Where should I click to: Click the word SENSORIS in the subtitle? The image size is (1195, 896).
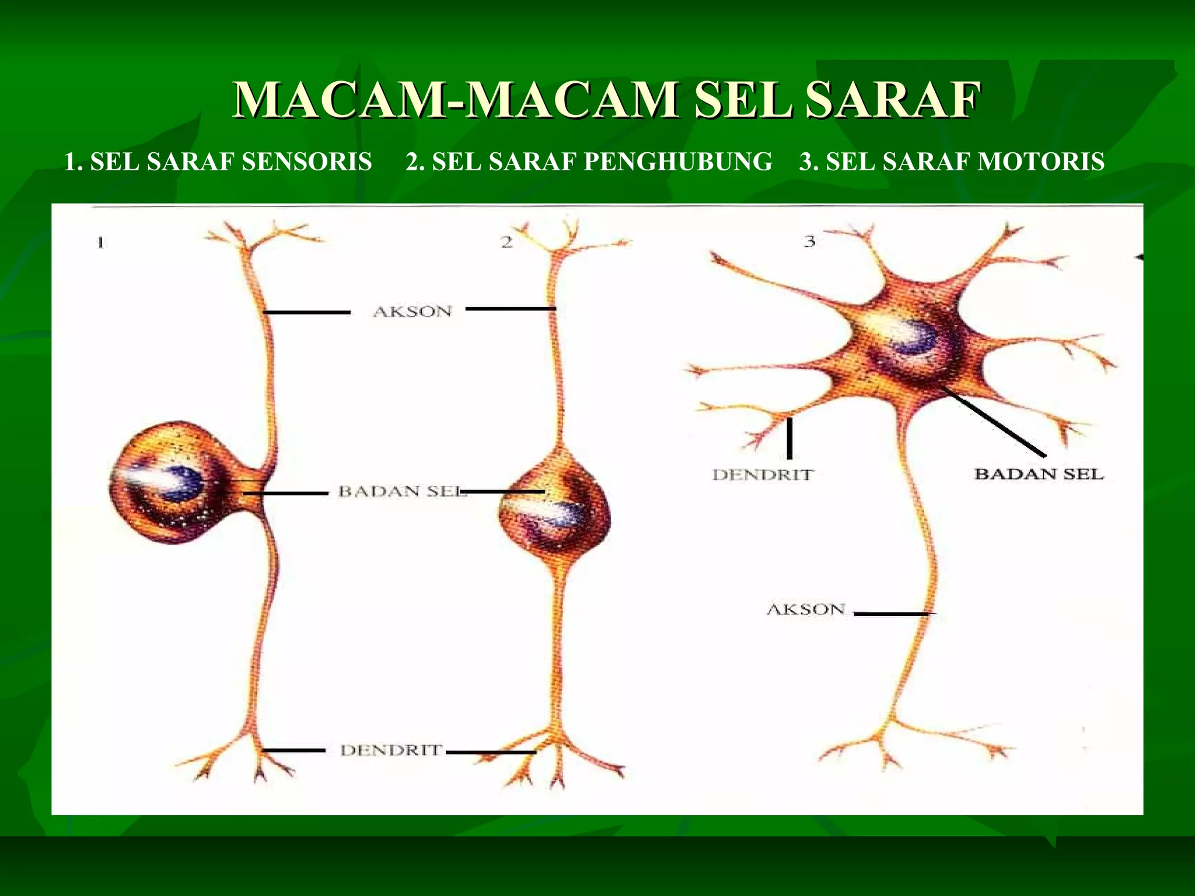click(306, 162)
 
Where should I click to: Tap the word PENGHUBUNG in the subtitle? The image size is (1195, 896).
click(677, 162)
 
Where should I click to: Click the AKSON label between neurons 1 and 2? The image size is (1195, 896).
click(413, 311)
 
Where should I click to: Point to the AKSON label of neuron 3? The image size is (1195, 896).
click(806, 610)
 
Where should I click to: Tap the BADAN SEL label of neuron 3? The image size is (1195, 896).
click(1039, 474)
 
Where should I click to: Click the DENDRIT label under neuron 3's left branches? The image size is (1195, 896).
click(763, 475)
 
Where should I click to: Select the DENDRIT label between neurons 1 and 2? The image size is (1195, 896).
click(391, 750)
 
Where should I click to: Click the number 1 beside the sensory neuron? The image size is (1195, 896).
click(101, 242)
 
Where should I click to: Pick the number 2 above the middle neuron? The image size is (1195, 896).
click(506, 242)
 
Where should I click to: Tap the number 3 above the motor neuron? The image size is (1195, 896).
click(809, 241)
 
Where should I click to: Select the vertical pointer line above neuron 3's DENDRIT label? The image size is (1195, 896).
click(789, 439)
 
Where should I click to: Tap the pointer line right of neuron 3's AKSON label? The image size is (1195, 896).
click(891, 614)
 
